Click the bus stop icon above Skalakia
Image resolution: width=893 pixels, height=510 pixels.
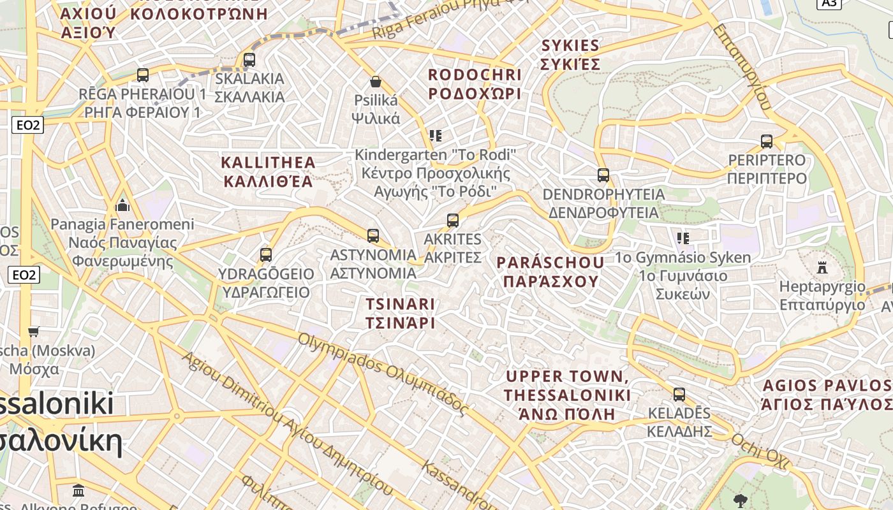click(x=249, y=60)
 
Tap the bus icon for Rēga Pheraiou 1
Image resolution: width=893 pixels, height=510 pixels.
click(x=143, y=75)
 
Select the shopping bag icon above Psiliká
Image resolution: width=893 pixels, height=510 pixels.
click(x=376, y=82)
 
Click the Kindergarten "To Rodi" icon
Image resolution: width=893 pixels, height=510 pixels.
click(x=436, y=136)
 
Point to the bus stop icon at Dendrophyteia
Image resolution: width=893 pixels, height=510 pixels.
click(x=603, y=175)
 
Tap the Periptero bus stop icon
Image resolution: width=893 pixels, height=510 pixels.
click(x=767, y=141)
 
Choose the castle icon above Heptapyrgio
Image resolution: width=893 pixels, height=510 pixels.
click(x=822, y=267)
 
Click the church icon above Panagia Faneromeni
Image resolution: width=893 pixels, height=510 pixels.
click(x=122, y=205)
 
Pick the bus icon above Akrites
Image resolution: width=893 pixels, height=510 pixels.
click(x=453, y=221)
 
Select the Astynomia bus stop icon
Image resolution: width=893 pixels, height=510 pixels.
click(x=373, y=236)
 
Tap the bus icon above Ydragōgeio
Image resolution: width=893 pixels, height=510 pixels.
click(x=266, y=255)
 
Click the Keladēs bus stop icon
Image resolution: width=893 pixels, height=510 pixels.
click(x=679, y=394)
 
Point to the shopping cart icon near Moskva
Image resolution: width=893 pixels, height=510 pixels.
click(x=34, y=331)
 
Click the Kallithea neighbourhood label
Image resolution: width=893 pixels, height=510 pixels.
click(x=268, y=171)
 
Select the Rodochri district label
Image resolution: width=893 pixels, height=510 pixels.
click(x=475, y=84)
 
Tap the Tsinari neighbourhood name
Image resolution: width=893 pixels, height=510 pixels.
click(x=400, y=313)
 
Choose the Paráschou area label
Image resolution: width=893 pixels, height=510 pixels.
click(x=550, y=272)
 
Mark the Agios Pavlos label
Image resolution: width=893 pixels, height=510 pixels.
click(x=827, y=395)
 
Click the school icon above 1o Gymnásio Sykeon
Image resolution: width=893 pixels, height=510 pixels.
click(x=683, y=238)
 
